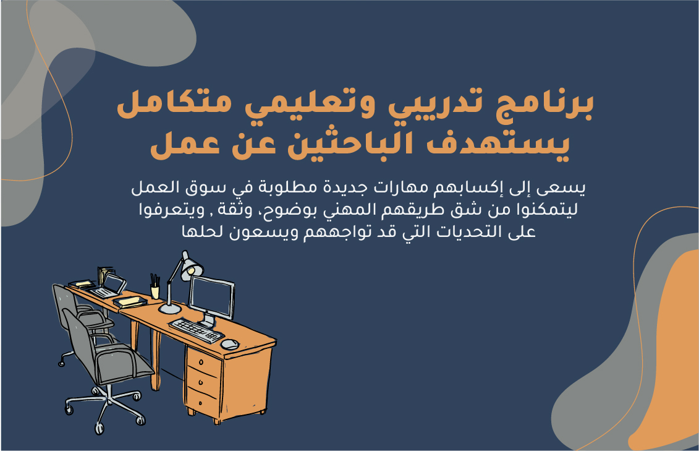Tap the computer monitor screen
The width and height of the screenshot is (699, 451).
(212, 297)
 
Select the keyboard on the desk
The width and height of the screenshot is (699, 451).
(196, 330)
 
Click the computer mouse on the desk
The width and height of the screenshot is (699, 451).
(229, 345)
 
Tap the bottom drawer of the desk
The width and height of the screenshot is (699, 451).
(202, 402)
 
